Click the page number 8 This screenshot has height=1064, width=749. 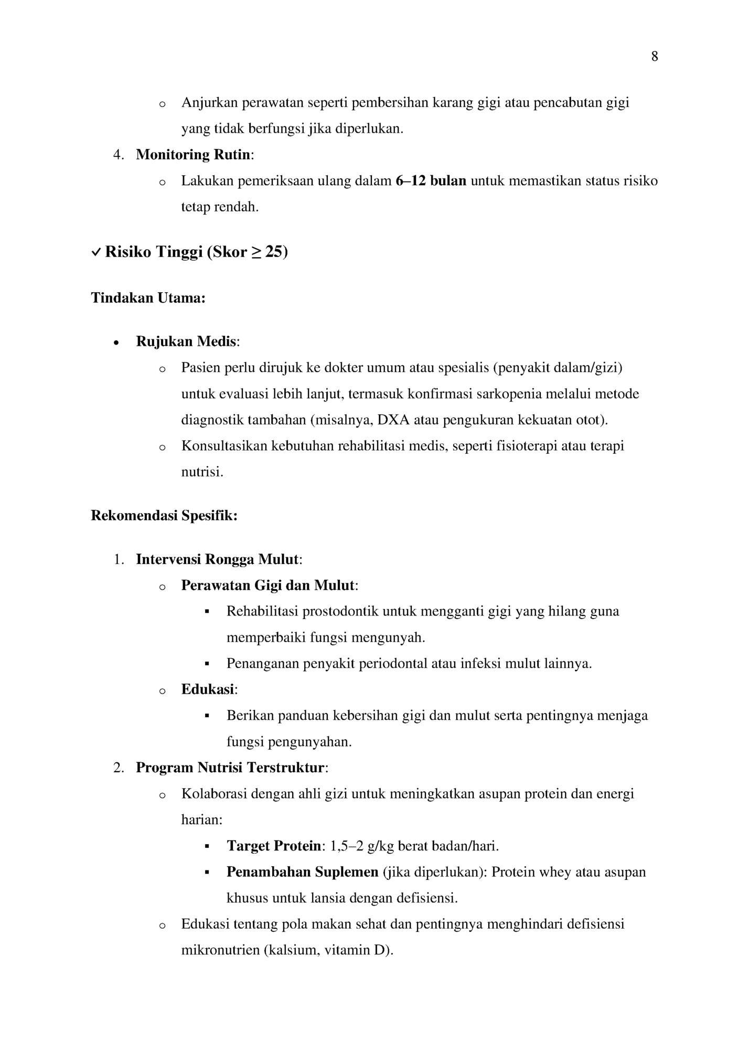(655, 57)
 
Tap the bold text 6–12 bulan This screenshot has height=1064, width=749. (431, 181)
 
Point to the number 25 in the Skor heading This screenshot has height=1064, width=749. (274, 252)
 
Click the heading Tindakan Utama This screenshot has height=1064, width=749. (148, 298)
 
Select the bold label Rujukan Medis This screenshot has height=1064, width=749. (186, 342)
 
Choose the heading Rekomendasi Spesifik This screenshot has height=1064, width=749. (164, 516)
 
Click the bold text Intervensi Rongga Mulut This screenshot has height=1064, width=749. (217, 559)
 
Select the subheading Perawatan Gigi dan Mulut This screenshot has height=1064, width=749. (268, 586)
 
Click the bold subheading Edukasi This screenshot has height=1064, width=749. (208, 689)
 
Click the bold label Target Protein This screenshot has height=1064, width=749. (273, 846)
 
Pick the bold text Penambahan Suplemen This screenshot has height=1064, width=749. (302, 872)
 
